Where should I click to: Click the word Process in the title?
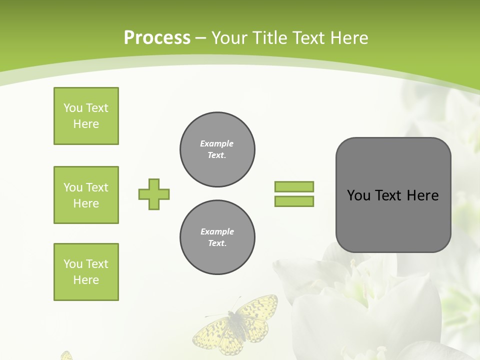coord(157,38)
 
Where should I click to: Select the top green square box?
coord(86,116)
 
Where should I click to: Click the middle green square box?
coord(86,195)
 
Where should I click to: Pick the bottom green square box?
coord(86,272)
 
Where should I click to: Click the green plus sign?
coord(154,194)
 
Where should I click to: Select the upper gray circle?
coord(217,149)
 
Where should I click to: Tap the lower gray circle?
coord(217,237)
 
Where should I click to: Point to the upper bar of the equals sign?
coord(294,186)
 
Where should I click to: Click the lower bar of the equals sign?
coord(294,201)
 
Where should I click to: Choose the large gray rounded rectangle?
coord(393,195)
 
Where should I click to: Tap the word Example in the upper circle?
coord(216,143)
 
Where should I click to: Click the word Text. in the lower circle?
coord(217,243)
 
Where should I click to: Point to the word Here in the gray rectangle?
coord(422,195)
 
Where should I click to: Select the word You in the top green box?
coord(73,108)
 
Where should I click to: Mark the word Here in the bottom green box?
coord(86,280)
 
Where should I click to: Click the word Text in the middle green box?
coord(97,187)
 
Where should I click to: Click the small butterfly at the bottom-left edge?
coord(66,355)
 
